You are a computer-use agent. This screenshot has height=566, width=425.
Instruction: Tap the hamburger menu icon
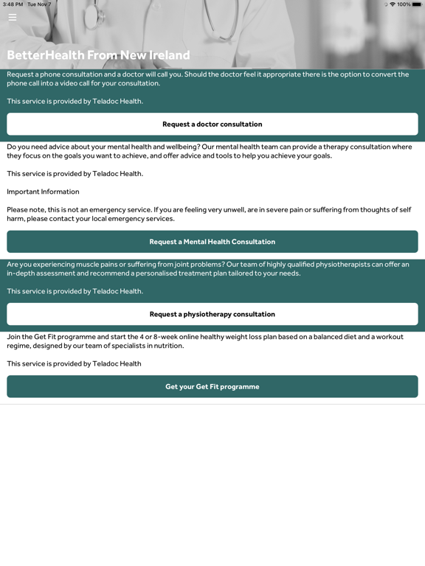point(12,17)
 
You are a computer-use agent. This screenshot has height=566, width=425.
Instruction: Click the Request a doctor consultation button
point(212,124)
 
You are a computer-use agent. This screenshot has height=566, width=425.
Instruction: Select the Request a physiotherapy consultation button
point(212,314)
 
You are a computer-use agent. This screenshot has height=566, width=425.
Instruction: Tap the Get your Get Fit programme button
point(212,387)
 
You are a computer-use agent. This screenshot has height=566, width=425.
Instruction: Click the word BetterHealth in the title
point(46,55)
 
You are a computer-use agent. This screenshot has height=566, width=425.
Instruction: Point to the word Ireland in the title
point(166,55)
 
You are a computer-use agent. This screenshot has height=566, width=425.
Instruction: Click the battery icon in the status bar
point(417,4)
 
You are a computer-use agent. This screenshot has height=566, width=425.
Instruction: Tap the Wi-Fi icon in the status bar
point(392,4)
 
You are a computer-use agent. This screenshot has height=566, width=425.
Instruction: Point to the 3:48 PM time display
point(13,4)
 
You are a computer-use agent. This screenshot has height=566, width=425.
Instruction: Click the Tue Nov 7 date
point(39,4)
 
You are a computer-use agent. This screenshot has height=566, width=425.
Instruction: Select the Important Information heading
point(43,192)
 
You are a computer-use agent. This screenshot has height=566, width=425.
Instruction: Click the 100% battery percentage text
point(404,4)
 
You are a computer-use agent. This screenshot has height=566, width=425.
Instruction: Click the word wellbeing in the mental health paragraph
point(175,147)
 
